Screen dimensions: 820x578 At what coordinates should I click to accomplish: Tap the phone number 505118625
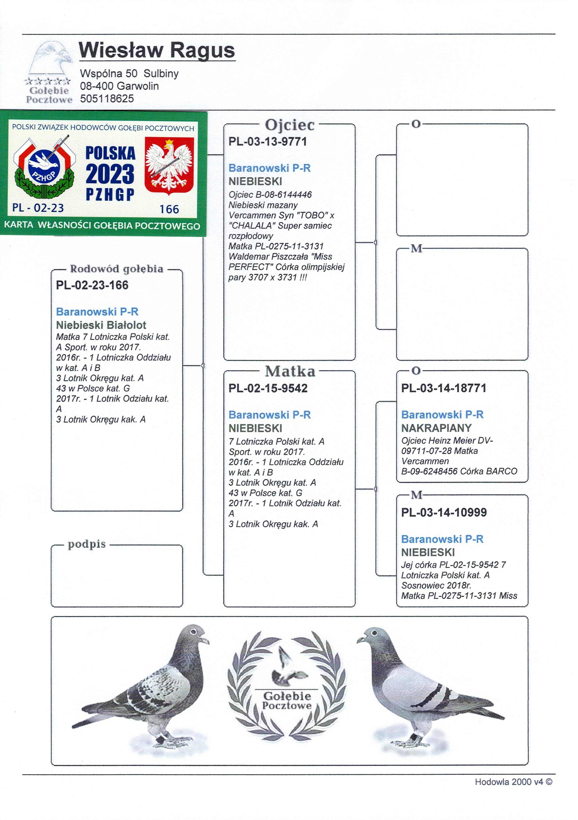(107, 99)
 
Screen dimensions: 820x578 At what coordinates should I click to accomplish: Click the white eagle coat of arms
(169, 165)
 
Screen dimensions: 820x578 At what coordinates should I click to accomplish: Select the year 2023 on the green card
(110, 174)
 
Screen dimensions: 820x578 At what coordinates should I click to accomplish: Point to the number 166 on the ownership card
(169, 209)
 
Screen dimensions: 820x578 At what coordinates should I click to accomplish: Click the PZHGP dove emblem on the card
(44, 166)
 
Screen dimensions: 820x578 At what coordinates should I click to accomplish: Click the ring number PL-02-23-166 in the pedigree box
(92, 285)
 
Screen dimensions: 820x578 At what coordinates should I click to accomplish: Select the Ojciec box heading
(290, 125)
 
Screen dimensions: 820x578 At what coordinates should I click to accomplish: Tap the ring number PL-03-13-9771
(267, 141)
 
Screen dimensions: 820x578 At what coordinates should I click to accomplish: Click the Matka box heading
(290, 371)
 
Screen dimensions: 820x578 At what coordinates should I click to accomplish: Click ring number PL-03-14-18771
(443, 388)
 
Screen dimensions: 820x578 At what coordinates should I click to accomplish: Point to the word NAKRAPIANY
(436, 428)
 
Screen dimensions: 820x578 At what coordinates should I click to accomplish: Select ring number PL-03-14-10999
(444, 513)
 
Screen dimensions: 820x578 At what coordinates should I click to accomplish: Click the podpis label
(87, 544)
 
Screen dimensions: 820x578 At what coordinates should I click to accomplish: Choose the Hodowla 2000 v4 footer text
(513, 782)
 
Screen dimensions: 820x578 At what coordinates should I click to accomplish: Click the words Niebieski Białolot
(101, 325)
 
